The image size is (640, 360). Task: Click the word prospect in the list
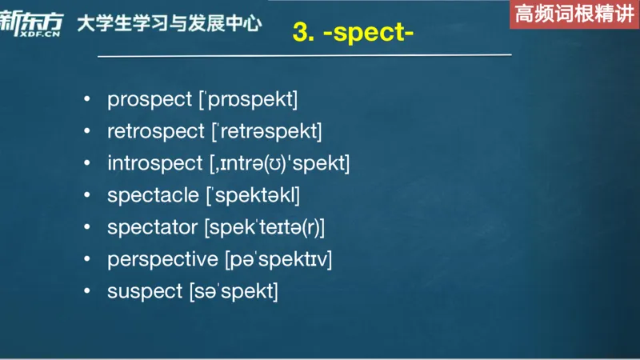point(150,100)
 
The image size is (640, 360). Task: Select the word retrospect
point(157,132)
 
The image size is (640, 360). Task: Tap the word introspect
point(154,164)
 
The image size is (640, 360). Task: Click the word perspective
point(162,259)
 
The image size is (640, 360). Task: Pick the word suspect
point(145,291)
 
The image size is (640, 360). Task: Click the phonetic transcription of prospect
point(248,100)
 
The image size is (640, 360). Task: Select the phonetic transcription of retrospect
point(266,132)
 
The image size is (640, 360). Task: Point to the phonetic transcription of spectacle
point(254,195)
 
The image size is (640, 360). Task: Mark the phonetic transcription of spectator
point(265,227)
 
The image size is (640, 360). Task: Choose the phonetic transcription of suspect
point(234,291)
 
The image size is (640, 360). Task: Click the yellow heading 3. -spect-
point(353,34)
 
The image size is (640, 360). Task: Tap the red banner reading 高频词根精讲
point(574,14)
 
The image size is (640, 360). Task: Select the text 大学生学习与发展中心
point(169,23)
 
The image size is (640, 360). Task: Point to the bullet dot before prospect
point(86,101)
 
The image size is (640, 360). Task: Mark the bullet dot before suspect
point(86,292)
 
